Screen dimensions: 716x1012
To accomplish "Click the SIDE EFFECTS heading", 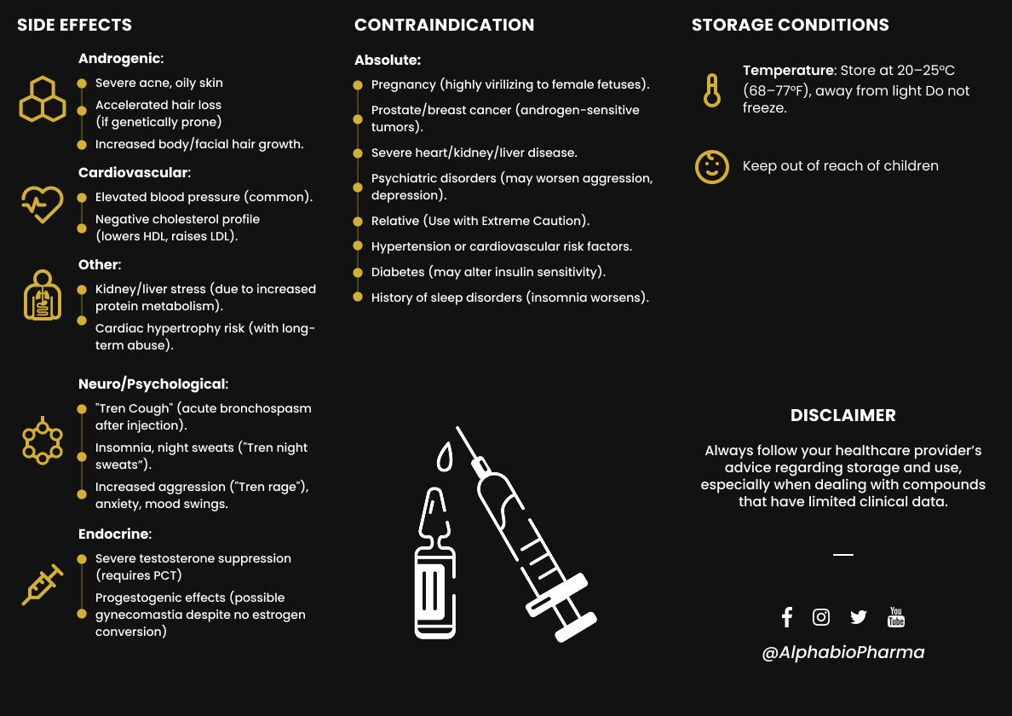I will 75,25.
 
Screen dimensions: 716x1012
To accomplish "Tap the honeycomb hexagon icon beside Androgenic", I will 43,100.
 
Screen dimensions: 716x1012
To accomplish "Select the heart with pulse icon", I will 43,205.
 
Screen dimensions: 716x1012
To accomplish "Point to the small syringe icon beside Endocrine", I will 43,585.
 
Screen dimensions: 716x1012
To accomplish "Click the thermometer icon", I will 712,89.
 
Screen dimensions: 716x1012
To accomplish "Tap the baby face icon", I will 712,166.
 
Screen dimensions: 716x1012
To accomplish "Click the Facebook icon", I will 786,617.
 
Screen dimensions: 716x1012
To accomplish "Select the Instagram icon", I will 821,617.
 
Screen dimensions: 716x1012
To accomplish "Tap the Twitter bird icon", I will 858,617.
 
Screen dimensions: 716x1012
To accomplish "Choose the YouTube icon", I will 896,617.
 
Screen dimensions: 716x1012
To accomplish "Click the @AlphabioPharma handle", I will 842,653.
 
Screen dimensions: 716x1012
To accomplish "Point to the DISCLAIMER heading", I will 842,416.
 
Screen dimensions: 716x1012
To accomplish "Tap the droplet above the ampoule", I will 445,458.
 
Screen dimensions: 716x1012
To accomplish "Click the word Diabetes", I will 398,272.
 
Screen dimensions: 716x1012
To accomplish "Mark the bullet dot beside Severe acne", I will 82,84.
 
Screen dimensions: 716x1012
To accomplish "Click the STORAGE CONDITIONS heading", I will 790,25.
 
